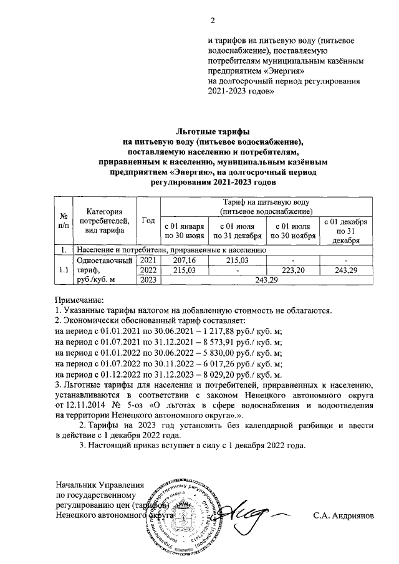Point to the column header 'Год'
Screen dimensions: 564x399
pyautogui.click(x=148, y=221)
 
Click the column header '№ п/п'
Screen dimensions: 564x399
pyautogui.click(x=63, y=221)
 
